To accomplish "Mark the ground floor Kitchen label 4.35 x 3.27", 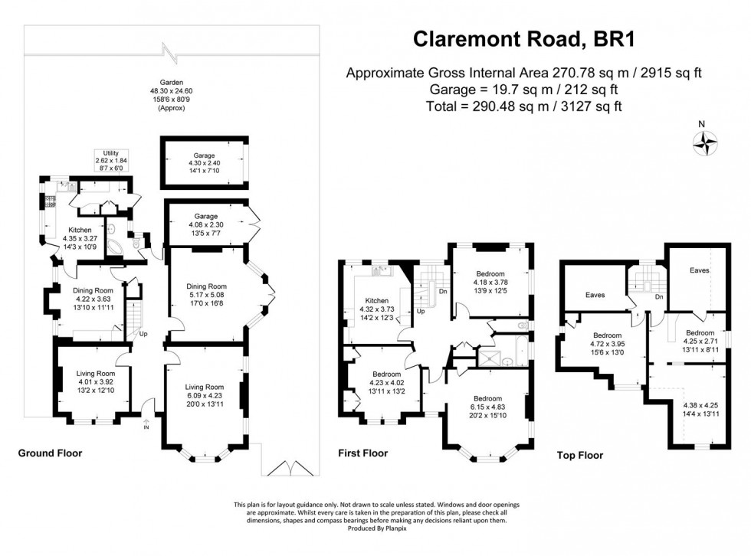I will pyautogui.click(x=80, y=238).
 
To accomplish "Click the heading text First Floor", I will pyautogui.click(x=362, y=453).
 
